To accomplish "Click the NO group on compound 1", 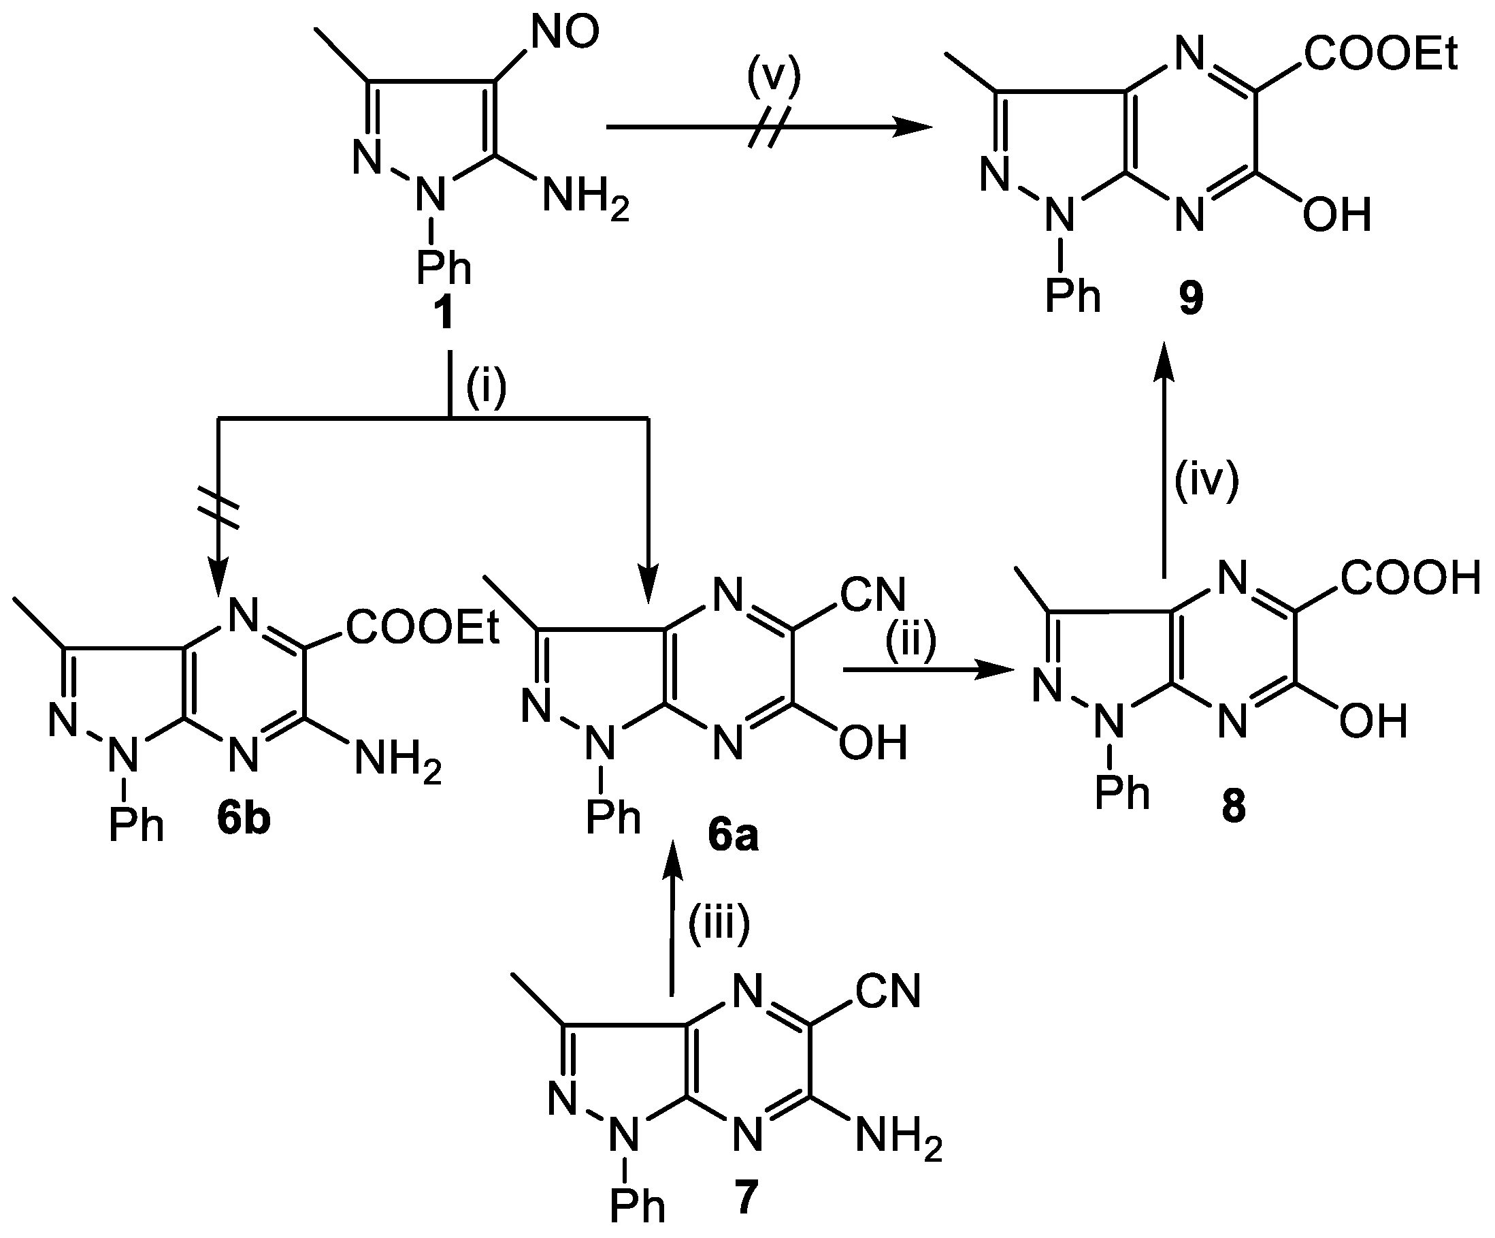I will tap(565, 33).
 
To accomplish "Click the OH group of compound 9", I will tap(1336, 215).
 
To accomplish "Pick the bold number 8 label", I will tap(1233, 807).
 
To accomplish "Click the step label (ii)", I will tap(910, 641).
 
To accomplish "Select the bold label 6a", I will tap(733, 836).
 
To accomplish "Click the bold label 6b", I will tap(244, 820).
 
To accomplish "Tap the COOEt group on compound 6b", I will tap(423, 629).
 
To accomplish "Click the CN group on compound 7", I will tap(889, 991).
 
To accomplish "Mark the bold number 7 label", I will tap(744, 1196).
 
